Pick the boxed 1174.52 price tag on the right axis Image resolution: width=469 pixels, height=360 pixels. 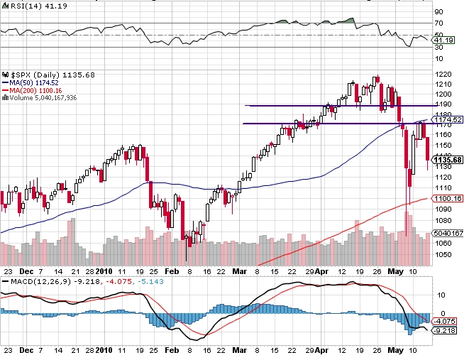coord(448,119)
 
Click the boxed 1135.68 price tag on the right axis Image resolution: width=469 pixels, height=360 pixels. coord(448,159)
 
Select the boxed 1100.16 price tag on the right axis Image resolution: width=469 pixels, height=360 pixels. coord(448,198)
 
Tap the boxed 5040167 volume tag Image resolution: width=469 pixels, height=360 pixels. coord(448,232)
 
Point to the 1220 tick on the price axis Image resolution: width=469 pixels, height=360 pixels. coord(443,73)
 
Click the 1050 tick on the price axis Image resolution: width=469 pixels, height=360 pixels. coord(443,253)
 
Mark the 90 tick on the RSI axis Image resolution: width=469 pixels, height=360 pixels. coord(438,11)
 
